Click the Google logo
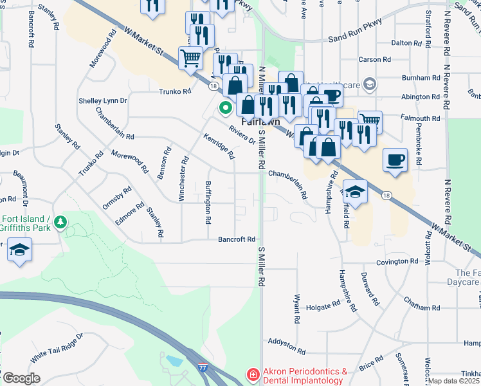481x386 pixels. [x=21, y=378]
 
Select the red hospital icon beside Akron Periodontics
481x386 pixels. [x=253, y=375]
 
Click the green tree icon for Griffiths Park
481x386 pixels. [x=61, y=222]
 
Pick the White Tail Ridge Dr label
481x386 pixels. [x=57, y=345]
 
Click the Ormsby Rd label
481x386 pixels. [x=117, y=198]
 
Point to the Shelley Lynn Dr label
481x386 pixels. [x=103, y=101]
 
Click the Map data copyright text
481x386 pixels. [x=454, y=381]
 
